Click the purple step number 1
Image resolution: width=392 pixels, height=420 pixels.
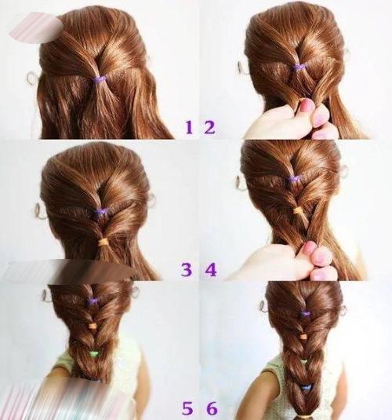coord(189,127)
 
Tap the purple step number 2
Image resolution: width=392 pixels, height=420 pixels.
coord(210,127)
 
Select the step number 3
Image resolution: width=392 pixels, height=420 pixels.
coord(187,270)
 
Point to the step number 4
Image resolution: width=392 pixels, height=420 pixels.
coord(211,270)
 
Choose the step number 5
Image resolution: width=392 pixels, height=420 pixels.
coord(188,409)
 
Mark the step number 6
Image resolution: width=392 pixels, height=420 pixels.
coord(212,409)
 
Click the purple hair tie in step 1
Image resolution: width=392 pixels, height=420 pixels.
coord(100,79)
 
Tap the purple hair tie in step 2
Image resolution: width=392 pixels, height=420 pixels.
coord(299,67)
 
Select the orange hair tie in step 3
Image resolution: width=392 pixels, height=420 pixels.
coord(103,243)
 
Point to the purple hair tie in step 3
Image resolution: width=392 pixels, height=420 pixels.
coord(102,212)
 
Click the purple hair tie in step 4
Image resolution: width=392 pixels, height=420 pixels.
coord(294,179)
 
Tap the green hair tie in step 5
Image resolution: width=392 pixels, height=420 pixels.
coord(93,354)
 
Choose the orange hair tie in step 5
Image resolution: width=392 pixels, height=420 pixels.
coord(93,326)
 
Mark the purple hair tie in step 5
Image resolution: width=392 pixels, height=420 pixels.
coord(92,301)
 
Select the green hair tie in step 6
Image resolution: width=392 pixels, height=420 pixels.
coord(303,362)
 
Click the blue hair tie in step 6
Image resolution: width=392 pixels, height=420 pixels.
coord(305,387)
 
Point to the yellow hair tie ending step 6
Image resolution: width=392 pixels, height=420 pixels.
coord(305,417)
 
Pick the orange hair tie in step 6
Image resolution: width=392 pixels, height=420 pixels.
coord(303,337)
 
